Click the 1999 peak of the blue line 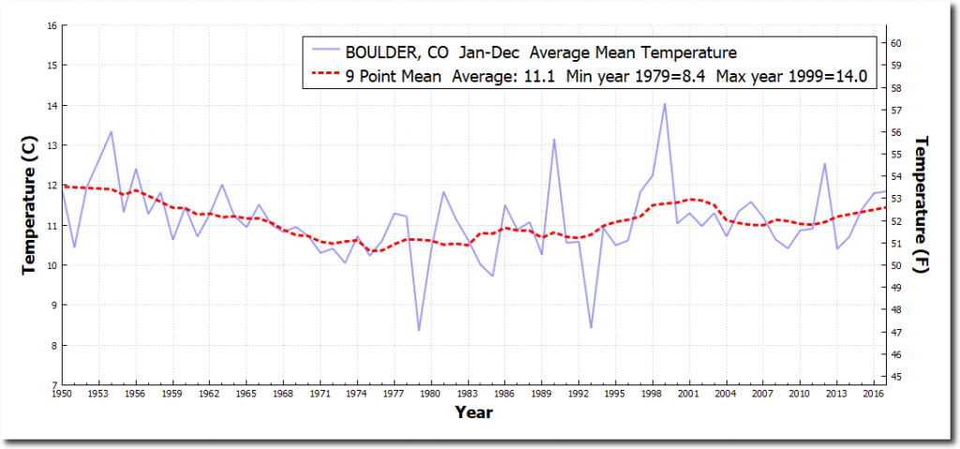coord(665,104)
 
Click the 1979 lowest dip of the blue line coord(419,330)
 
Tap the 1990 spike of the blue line coord(554,140)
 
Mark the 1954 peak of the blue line coord(112,131)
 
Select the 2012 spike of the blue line coord(825,164)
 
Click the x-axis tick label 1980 coord(431,395)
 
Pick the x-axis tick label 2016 coord(872,395)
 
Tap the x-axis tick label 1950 coord(63,395)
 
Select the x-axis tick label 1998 coord(652,395)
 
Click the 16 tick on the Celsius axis coord(50,25)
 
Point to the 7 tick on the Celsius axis coord(52,385)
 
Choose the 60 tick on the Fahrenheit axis coord(895,43)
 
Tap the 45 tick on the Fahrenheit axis coord(895,377)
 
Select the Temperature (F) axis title coord(921,204)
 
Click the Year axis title coord(473,412)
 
